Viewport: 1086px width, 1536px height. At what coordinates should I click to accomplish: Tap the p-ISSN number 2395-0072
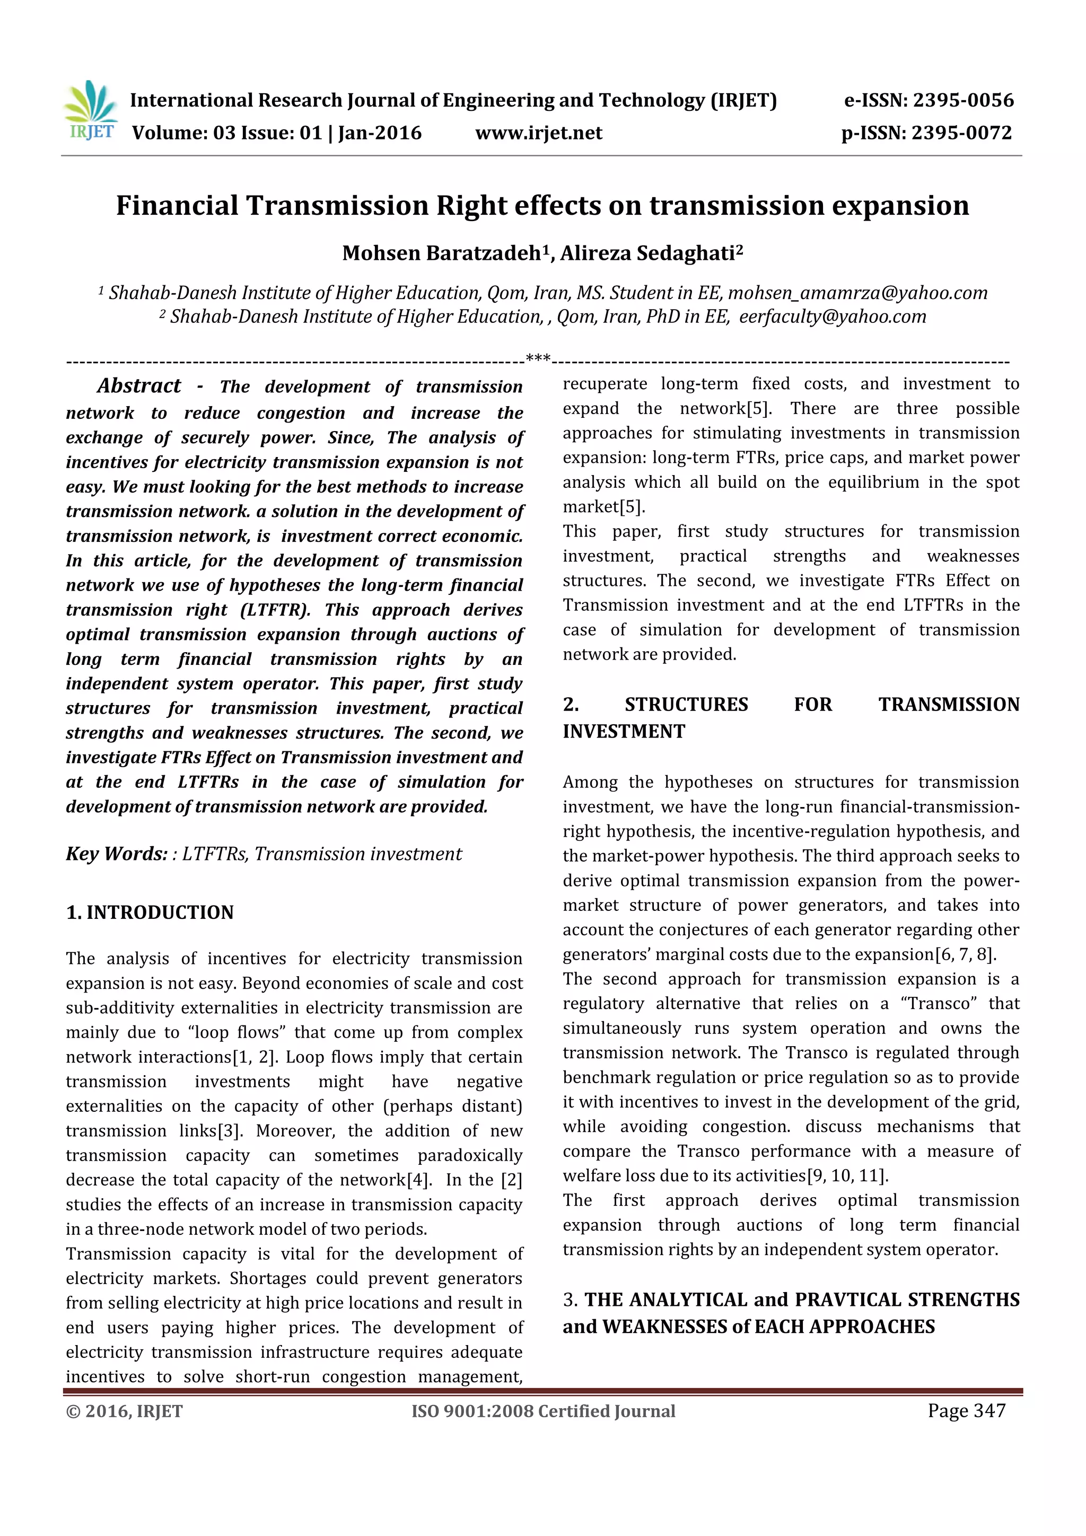[x=961, y=133]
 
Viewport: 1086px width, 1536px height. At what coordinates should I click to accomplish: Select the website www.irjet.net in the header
[x=539, y=133]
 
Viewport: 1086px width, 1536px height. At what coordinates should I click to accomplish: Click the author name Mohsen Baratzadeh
[x=442, y=253]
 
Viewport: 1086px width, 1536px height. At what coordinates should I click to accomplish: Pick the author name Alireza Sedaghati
[x=647, y=253]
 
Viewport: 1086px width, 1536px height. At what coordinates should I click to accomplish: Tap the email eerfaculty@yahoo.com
[x=833, y=317]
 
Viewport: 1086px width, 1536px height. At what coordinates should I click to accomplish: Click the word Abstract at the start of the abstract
[x=139, y=386]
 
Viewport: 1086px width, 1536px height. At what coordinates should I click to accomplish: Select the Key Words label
[x=117, y=854]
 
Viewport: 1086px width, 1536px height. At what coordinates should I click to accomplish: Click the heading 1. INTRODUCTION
[x=150, y=912]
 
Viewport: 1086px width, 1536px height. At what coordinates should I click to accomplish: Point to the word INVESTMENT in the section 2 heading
[x=624, y=732]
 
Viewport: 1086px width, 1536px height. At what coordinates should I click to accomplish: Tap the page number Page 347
[x=966, y=1411]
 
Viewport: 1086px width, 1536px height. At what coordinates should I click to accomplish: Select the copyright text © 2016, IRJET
[x=125, y=1411]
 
